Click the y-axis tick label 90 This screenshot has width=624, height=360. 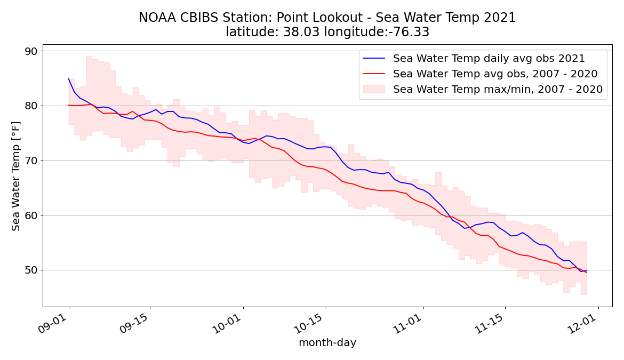coord(31,52)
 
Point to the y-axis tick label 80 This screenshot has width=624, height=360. coord(31,106)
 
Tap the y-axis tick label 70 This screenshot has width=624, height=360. coord(31,161)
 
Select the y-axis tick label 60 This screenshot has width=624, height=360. coord(31,215)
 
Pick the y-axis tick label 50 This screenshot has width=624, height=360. coord(31,270)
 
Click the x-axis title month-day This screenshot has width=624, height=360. coord(327,343)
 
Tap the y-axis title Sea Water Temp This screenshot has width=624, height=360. coord(17,176)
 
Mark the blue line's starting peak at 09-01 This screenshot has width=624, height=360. coord(69,79)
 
